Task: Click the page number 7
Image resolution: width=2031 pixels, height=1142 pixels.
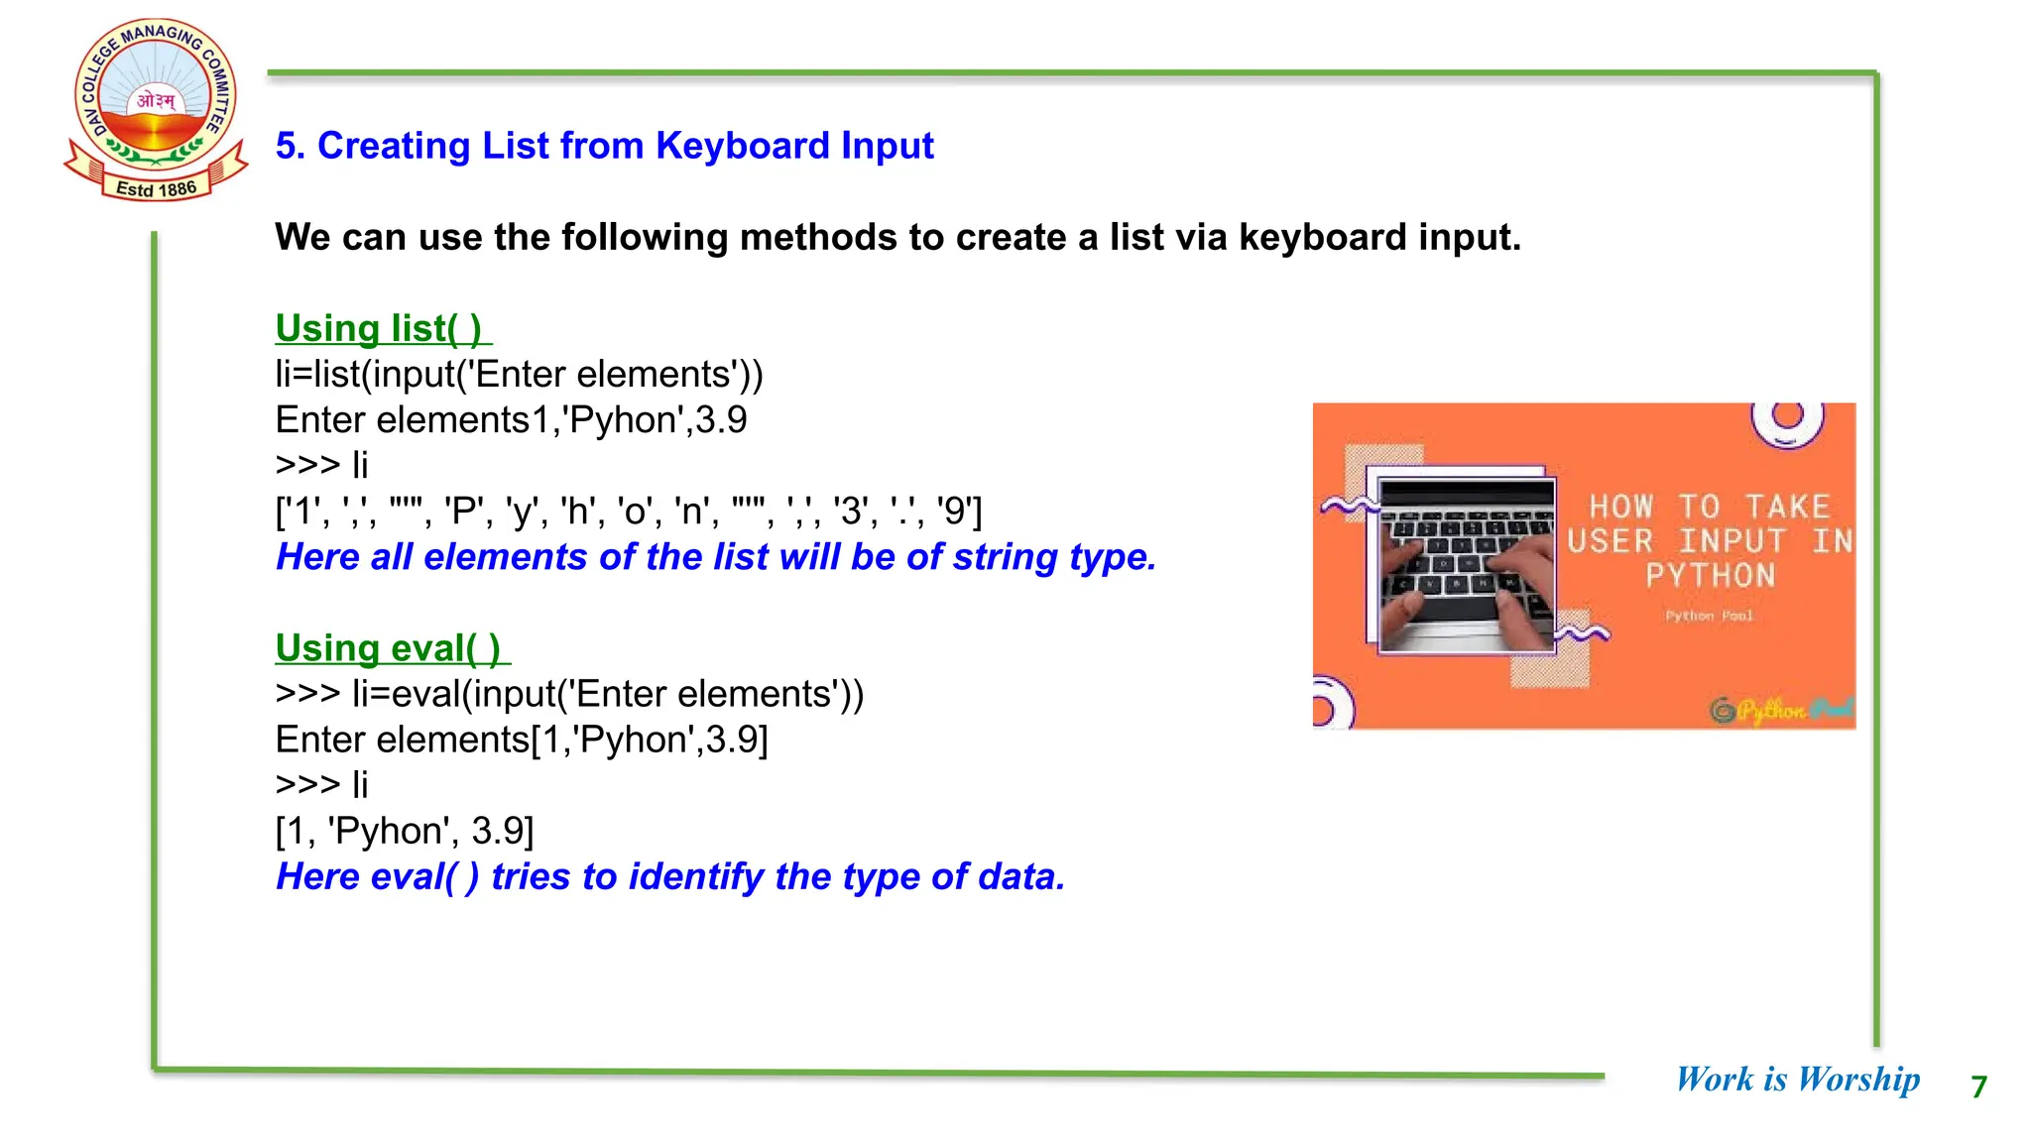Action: pyautogui.click(x=1978, y=1086)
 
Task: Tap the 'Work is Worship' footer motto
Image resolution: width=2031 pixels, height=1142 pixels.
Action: pyautogui.click(x=1797, y=1079)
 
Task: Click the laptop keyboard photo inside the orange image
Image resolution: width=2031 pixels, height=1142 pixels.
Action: pyautogui.click(x=1467, y=565)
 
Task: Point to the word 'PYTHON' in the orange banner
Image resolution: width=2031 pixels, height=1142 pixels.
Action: pyautogui.click(x=1710, y=575)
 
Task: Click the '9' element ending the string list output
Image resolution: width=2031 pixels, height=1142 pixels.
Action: pyautogui.click(x=956, y=512)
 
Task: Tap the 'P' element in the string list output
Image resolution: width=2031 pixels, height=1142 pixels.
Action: pyautogui.click(x=463, y=512)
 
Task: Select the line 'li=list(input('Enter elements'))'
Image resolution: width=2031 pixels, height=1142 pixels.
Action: pyautogui.click(x=519, y=375)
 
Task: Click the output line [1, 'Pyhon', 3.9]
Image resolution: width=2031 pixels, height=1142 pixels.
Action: pyautogui.click(x=405, y=831)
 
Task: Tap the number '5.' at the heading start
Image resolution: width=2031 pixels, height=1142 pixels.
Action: pyautogui.click(x=290, y=146)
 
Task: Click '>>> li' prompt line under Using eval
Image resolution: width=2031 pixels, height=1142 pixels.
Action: pyautogui.click(x=321, y=785)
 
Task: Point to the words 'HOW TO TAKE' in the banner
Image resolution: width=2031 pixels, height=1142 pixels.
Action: pyautogui.click(x=1710, y=507)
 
